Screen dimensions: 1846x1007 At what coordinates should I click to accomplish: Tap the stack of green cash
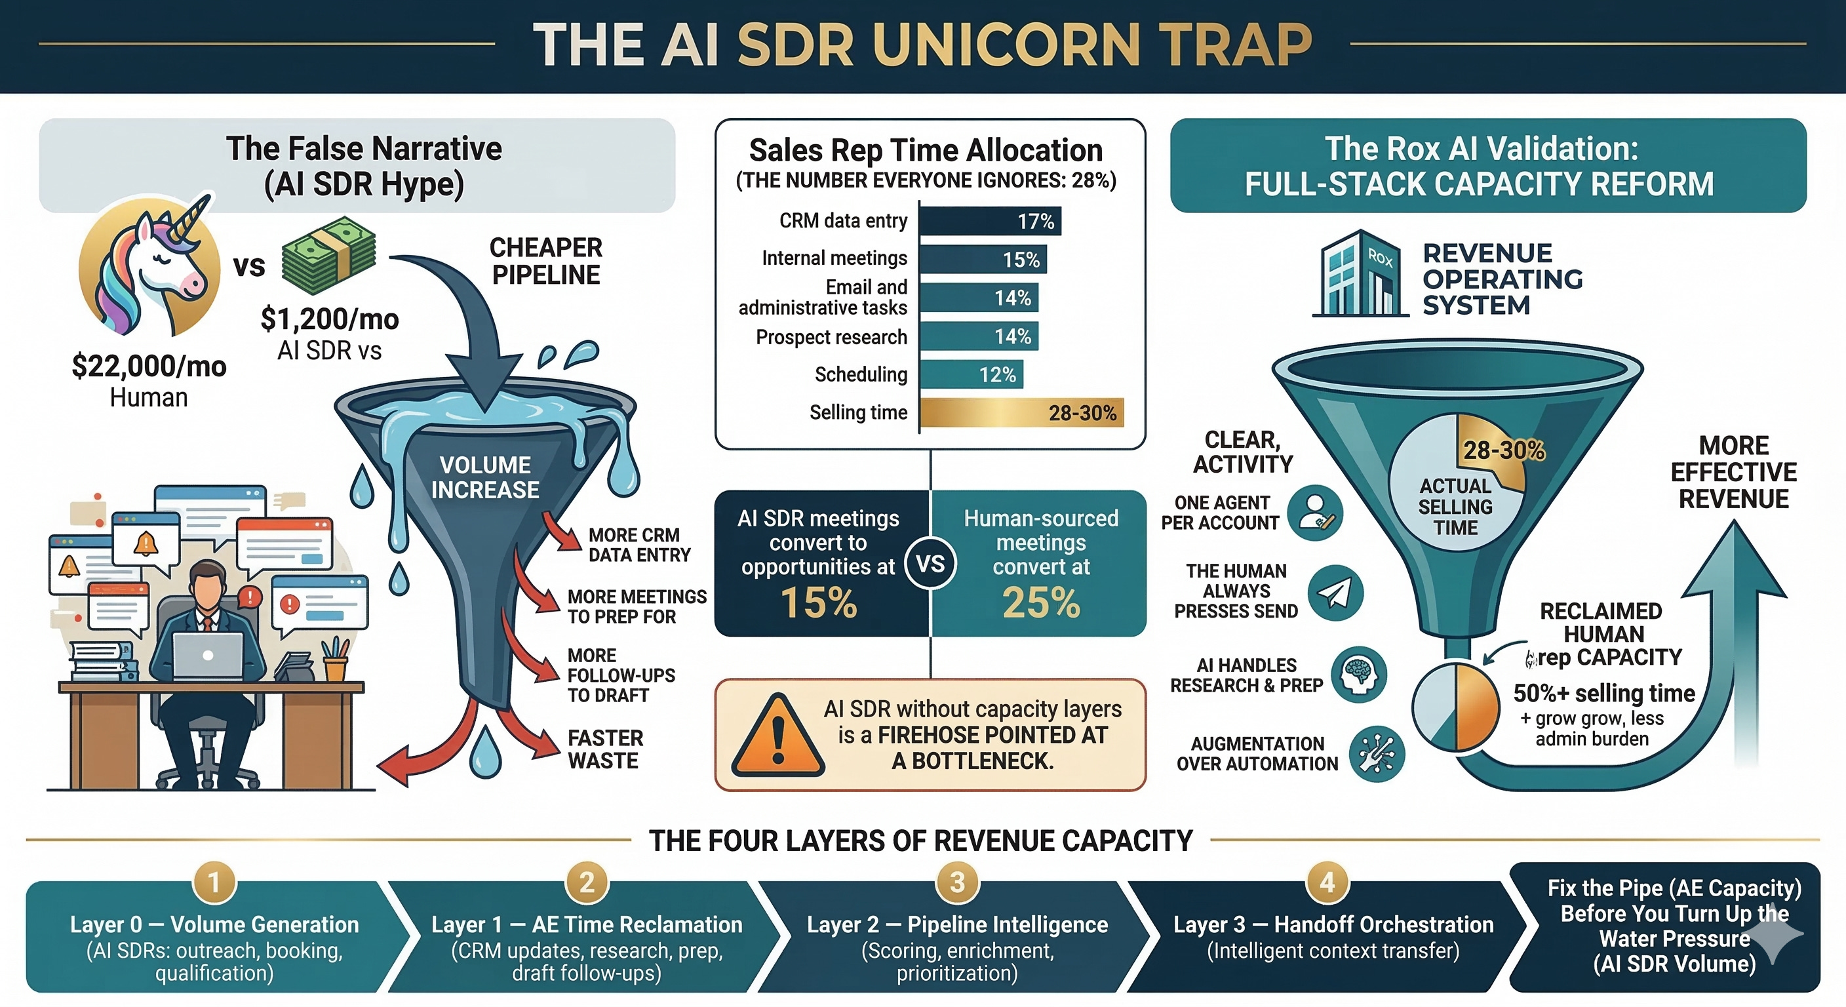[x=329, y=256]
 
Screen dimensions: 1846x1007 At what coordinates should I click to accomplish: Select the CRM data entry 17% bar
[x=989, y=221]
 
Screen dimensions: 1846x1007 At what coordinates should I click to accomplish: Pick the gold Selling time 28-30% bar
[x=1021, y=412]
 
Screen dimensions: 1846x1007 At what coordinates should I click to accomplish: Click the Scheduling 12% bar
[x=970, y=374]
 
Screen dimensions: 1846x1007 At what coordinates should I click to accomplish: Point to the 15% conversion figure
[x=818, y=602]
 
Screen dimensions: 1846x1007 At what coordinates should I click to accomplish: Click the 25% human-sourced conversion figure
[x=1040, y=602]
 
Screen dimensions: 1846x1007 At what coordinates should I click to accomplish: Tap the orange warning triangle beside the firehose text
[x=779, y=737]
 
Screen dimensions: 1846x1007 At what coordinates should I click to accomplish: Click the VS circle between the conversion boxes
[x=930, y=563]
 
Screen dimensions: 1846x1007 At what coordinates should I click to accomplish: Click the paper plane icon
[x=1334, y=593]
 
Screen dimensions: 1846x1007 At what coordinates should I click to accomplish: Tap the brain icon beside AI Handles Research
[x=1359, y=675]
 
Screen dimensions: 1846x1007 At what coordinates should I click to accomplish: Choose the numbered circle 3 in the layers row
[x=956, y=882]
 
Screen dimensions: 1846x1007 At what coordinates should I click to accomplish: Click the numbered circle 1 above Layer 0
[x=214, y=882]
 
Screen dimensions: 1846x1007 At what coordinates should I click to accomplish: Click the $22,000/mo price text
[x=149, y=366]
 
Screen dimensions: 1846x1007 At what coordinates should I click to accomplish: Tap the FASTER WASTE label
[x=605, y=749]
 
